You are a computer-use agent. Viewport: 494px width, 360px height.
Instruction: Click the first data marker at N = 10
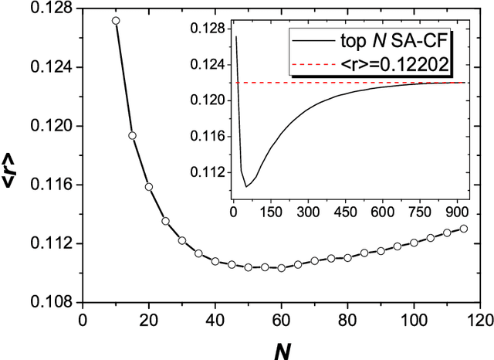coord(116,21)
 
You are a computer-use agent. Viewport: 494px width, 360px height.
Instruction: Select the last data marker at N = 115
coord(463,228)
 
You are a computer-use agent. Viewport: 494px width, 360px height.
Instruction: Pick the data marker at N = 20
coord(149,187)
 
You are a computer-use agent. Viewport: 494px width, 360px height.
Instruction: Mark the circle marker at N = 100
coord(414,243)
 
